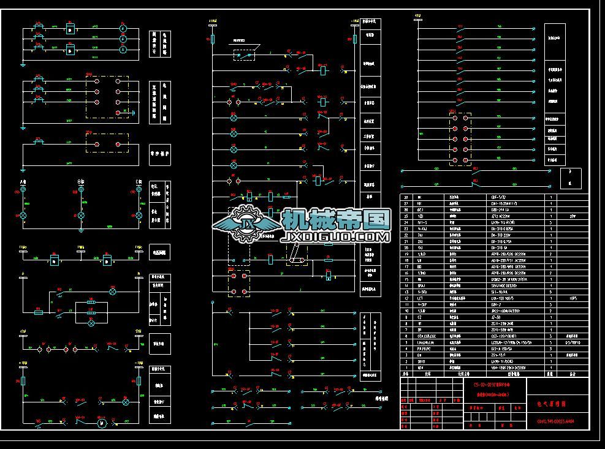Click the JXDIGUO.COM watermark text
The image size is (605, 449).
336,236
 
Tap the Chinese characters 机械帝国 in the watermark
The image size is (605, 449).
336,219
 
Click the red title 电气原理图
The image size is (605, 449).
551,404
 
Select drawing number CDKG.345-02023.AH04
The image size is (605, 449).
555,421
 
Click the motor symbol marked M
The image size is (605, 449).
102,423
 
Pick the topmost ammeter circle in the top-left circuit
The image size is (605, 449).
122,29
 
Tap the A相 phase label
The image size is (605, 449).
23,183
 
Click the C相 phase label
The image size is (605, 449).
139,183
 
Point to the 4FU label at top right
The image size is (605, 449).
417,14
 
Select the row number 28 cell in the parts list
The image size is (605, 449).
405,198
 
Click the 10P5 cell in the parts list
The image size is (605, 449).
573,298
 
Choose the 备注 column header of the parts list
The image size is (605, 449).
573,373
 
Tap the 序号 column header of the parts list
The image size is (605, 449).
405,373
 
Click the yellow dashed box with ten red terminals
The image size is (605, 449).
460,139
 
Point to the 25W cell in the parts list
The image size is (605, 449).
573,216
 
